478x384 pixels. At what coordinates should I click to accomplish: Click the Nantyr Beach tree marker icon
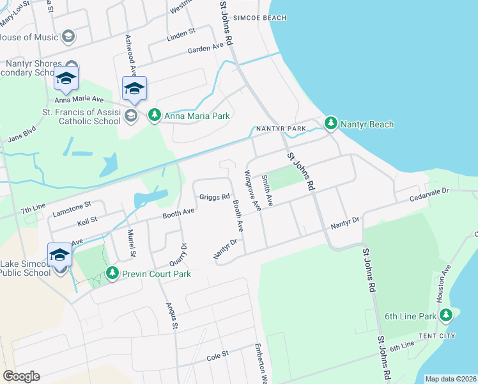[x=330, y=123]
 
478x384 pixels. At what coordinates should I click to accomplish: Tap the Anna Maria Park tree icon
[x=154, y=116]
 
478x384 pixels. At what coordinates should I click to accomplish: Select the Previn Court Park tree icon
[x=112, y=273]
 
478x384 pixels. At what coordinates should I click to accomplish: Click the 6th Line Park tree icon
[x=446, y=316]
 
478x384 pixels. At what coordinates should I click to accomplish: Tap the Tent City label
[x=436, y=336]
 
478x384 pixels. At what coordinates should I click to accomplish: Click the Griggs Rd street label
[x=214, y=197]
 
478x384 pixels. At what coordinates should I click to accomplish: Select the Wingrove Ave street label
[x=252, y=191]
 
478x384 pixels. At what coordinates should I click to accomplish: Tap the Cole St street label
[x=217, y=356]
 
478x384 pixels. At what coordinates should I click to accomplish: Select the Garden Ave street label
[x=205, y=49]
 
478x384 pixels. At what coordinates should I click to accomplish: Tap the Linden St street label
[x=180, y=33]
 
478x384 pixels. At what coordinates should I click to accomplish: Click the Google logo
[x=21, y=376]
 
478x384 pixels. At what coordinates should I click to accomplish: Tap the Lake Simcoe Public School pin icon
[x=60, y=255]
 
